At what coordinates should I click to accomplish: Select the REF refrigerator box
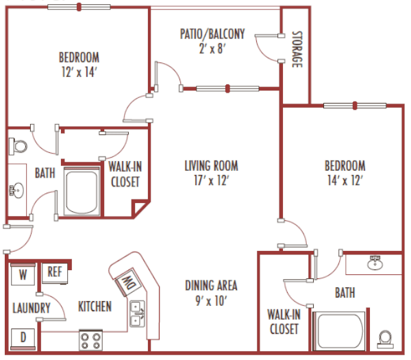point(54,272)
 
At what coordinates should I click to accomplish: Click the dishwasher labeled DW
point(127,282)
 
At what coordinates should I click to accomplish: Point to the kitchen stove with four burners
point(91,339)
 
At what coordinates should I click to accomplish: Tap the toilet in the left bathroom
point(18,146)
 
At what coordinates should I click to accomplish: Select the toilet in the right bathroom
point(386,339)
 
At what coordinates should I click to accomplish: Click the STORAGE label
point(297,50)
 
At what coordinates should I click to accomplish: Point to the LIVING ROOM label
point(211,165)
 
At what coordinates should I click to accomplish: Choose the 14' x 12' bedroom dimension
point(345,180)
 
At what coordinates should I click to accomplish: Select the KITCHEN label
point(95,306)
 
